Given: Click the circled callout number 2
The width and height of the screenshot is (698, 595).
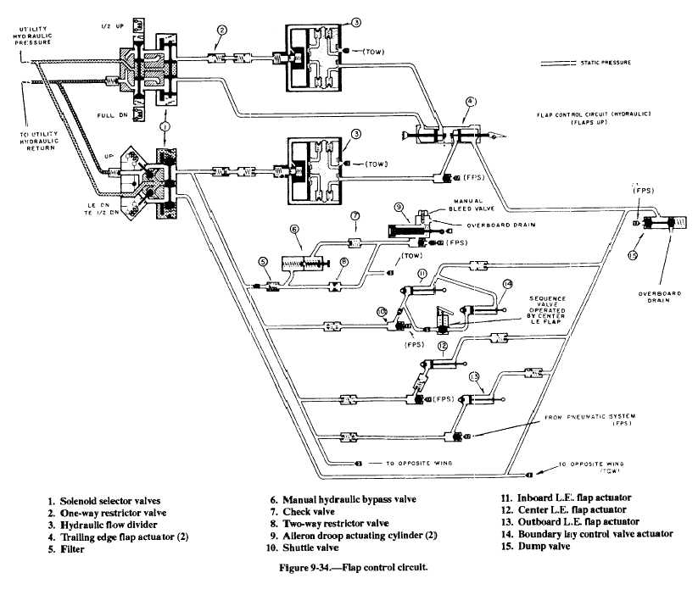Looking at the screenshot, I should click(x=221, y=31).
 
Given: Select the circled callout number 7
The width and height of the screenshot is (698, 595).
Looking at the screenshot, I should click(x=356, y=216).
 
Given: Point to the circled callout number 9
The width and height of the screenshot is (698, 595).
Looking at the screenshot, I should click(x=398, y=206).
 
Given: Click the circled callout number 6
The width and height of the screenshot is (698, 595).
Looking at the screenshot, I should click(x=294, y=229).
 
